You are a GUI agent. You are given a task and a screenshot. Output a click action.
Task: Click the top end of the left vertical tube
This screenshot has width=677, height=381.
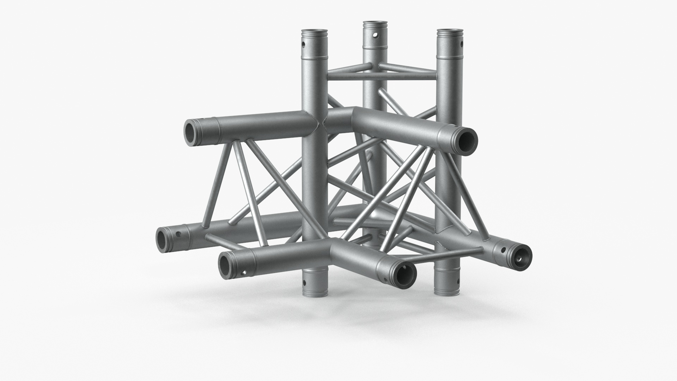(x=314, y=32)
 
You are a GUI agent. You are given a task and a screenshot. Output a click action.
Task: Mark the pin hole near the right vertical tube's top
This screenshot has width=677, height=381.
(x=461, y=44)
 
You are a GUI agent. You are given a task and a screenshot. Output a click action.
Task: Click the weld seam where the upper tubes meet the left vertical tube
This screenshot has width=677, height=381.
(x=323, y=124)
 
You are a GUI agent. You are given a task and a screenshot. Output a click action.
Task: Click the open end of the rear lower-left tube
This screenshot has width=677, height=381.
(x=164, y=240)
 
